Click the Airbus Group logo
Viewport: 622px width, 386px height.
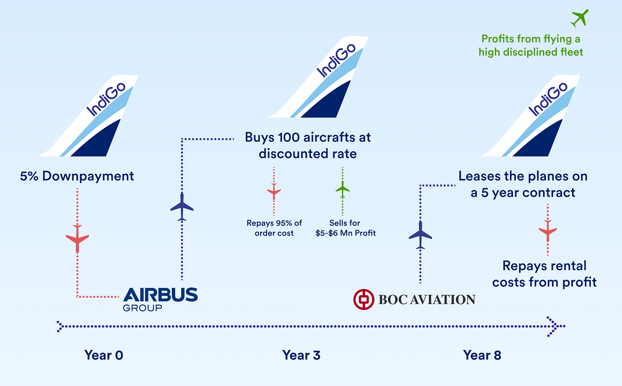pyautogui.click(x=160, y=299)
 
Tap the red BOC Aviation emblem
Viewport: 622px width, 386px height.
pyautogui.click(x=364, y=299)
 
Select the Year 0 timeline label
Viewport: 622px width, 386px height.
pyautogui.click(x=104, y=355)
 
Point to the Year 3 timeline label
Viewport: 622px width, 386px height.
pyautogui.click(x=301, y=355)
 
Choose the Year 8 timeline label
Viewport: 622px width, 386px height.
pyautogui.click(x=482, y=355)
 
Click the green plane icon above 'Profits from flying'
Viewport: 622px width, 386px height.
pyautogui.click(x=580, y=18)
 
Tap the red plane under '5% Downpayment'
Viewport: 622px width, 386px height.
pyautogui.click(x=77, y=239)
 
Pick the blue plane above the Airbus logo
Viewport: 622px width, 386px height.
pyautogui.click(x=182, y=207)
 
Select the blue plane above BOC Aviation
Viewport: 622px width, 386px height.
pyautogui.click(x=420, y=235)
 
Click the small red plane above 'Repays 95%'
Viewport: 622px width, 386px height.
pyautogui.click(x=274, y=191)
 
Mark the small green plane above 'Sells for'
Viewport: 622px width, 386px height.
pyautogui.click(x=343, y=190)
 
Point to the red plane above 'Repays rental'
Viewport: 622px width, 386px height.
pyautogui.click(x=548, y=231)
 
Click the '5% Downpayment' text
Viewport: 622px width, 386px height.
pyautogui.click(x=77, y=176)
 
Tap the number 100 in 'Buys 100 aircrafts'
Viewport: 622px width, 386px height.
pyautogui.click(x=289, y=137)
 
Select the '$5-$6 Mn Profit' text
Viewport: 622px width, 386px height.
pyautogui.click(x=346, y=233)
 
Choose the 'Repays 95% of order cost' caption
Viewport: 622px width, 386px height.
pyautogui.click(x=274, y=228)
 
